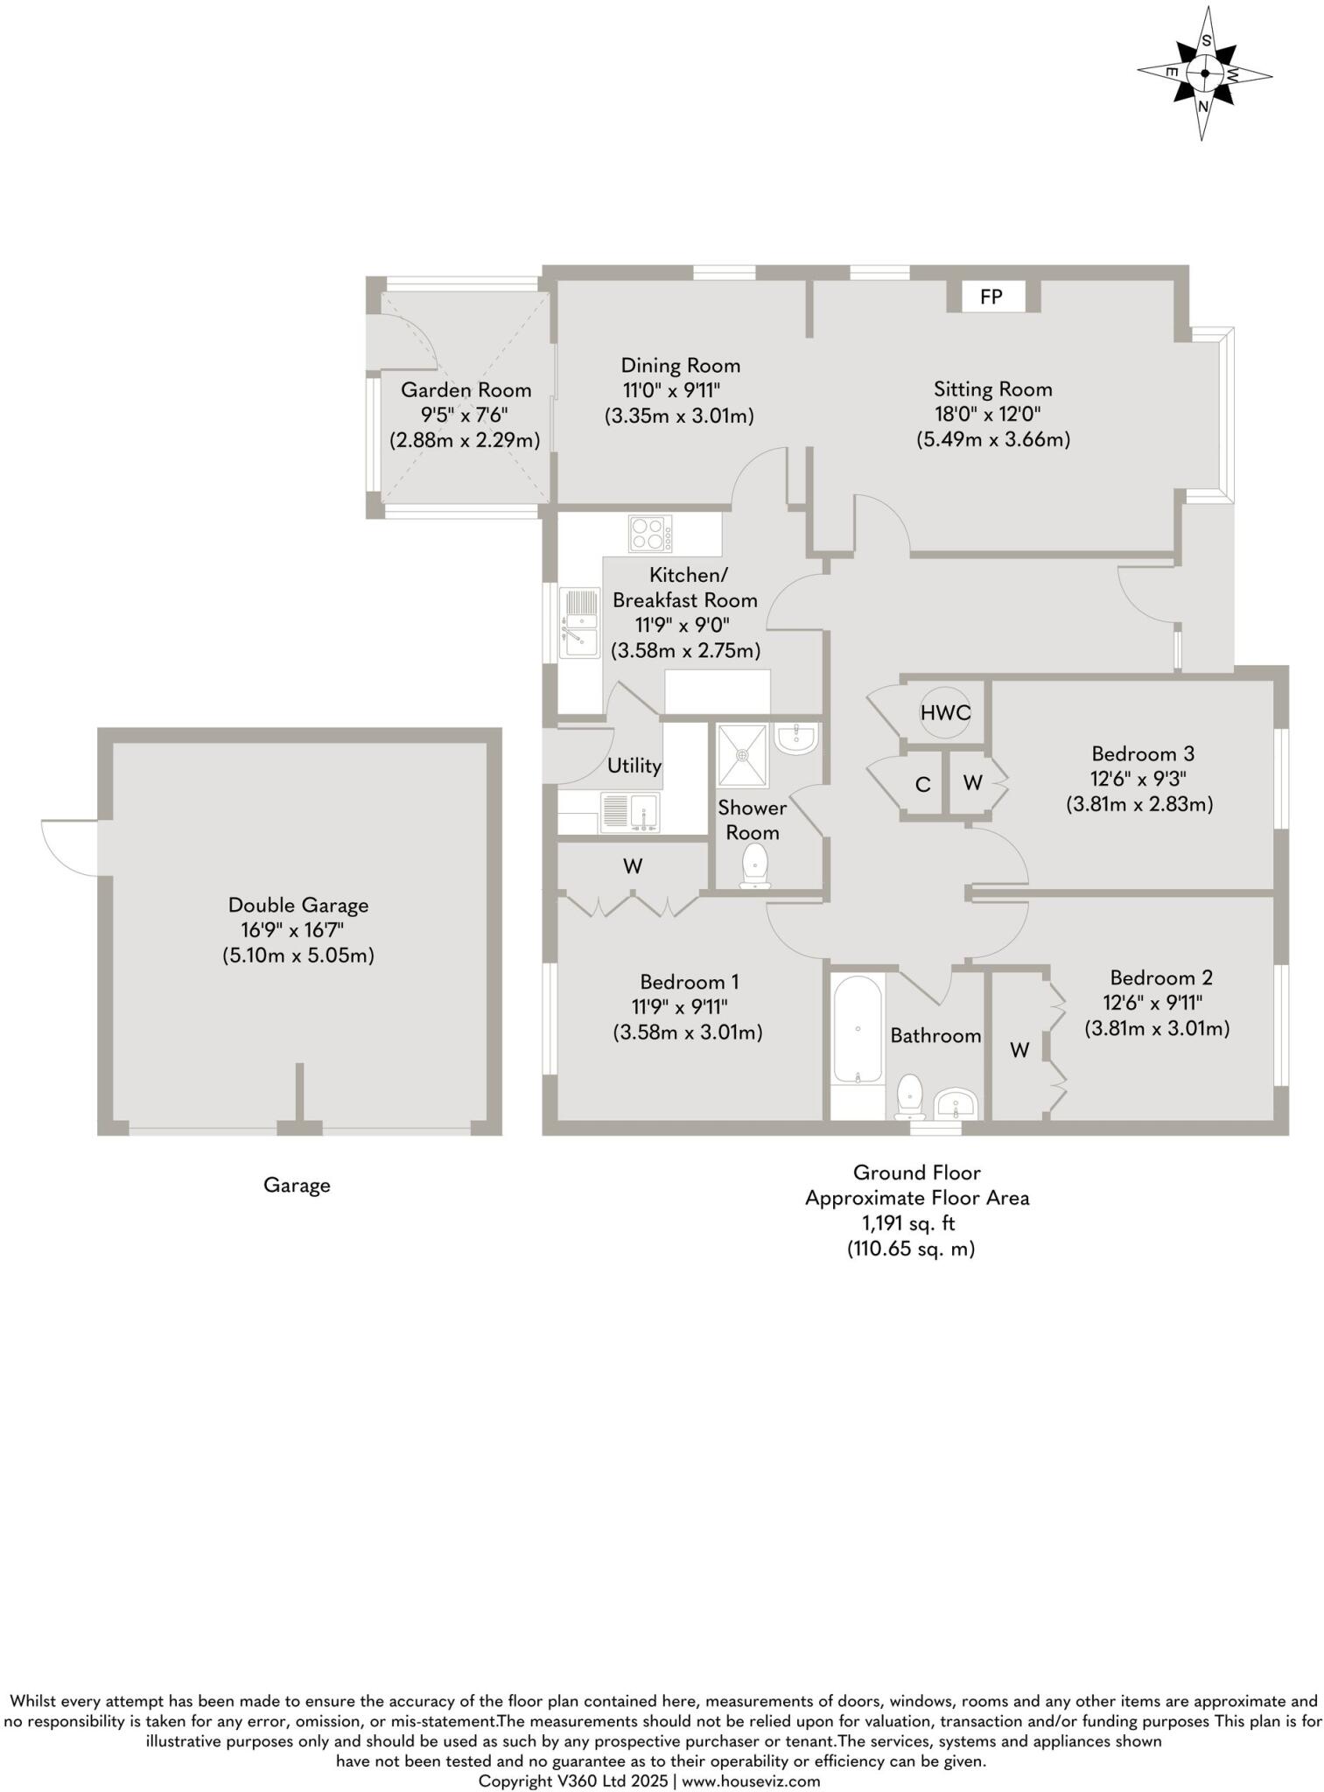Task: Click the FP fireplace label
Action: click(x=990, y=297)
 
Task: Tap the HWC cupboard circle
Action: click(x=945, y=713)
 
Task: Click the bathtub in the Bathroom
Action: click(x=857, y=1032)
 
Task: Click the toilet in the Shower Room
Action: click(x=753, y=865)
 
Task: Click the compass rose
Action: click(x=1204, y=73)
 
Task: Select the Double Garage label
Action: click(x=298, y=905)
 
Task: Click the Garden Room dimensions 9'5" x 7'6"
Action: click(x=465, y=415)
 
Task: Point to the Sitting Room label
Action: click(x=992, y=388)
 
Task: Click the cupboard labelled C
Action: click(x=922, y=784)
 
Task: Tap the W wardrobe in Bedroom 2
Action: click(x=1019, y=1049)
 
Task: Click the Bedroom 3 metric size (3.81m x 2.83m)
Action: click(x=1138, y=803)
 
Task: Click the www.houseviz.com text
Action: click(x=750, y=1781)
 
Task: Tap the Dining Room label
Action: click(x=680, y=365)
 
